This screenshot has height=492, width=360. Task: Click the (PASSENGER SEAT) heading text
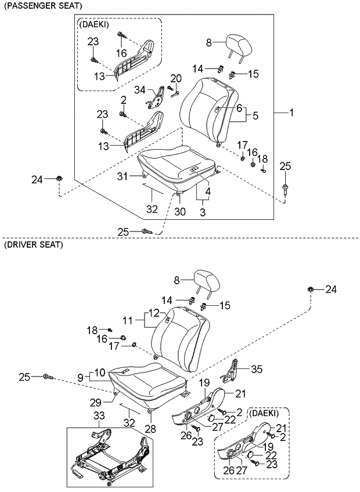[x=42, y=5]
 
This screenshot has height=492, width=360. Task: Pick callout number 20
[x=176, y=78]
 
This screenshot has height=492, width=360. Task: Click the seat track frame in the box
[x=110, y=458]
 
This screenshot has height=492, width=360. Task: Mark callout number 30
[x=179, y=212]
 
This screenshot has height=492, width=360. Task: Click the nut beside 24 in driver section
[x=312, y=288]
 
